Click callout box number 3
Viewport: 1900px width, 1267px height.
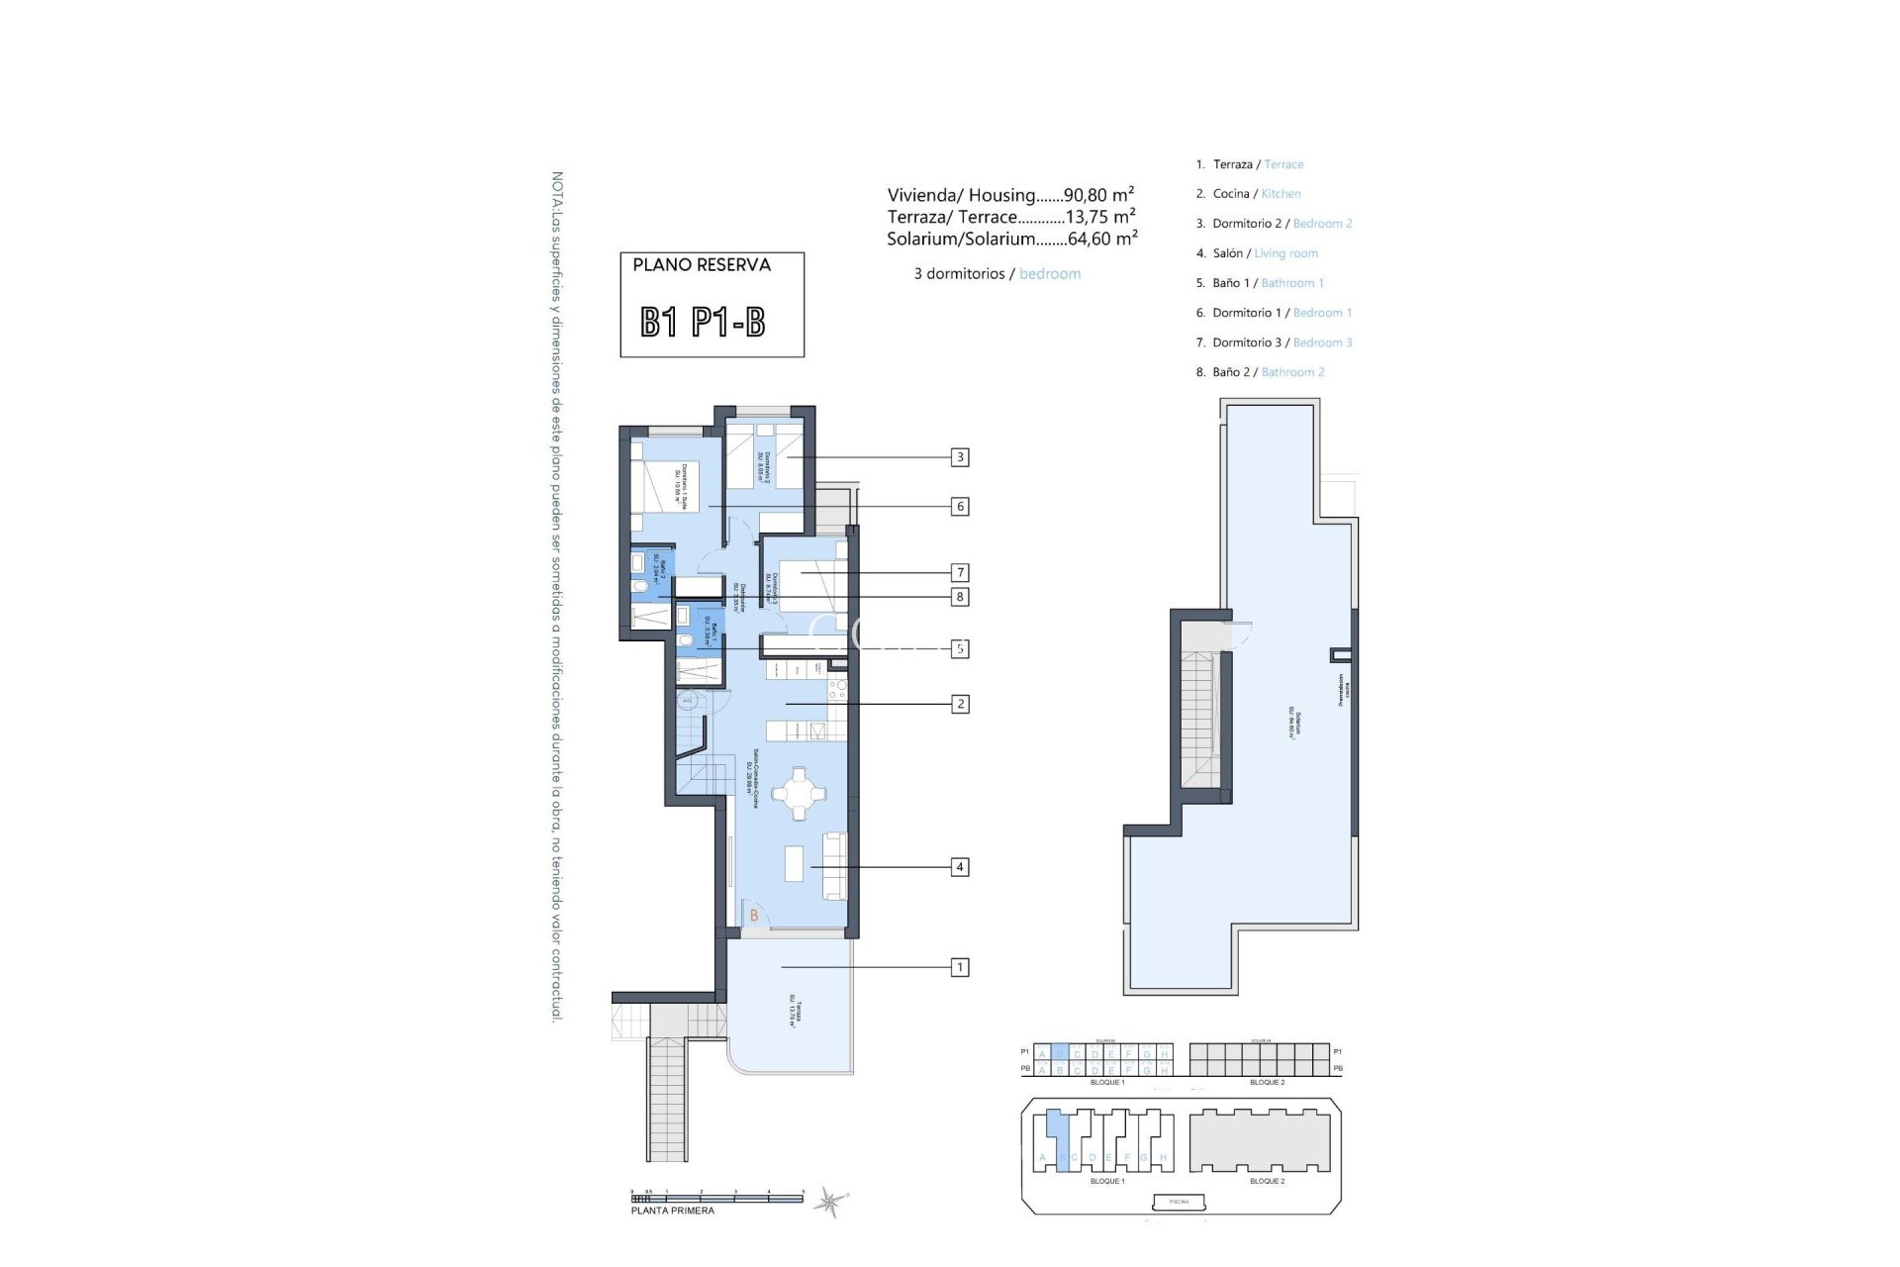coord(959,457)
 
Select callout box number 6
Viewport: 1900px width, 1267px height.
coord(959,507)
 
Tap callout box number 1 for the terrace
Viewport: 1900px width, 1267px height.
coord(959,967)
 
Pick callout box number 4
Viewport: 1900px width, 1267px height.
coord(959,867)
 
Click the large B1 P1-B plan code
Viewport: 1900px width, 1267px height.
coord(703,323)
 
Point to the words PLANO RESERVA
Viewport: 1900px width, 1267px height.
coord(702,265)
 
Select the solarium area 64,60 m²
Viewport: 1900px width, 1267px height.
coord(1102,239)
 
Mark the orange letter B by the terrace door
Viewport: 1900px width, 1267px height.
coord(754,916)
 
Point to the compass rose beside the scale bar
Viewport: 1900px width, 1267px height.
coord(829,1203)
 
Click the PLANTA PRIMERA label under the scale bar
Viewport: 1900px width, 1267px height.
coord(673,1211)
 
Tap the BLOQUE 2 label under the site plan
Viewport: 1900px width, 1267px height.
coord(1267,1181)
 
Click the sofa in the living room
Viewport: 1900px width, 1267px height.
coord(834,865)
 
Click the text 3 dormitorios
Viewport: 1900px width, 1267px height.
coord(959,274)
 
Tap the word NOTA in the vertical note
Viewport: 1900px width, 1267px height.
coord(558,189)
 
